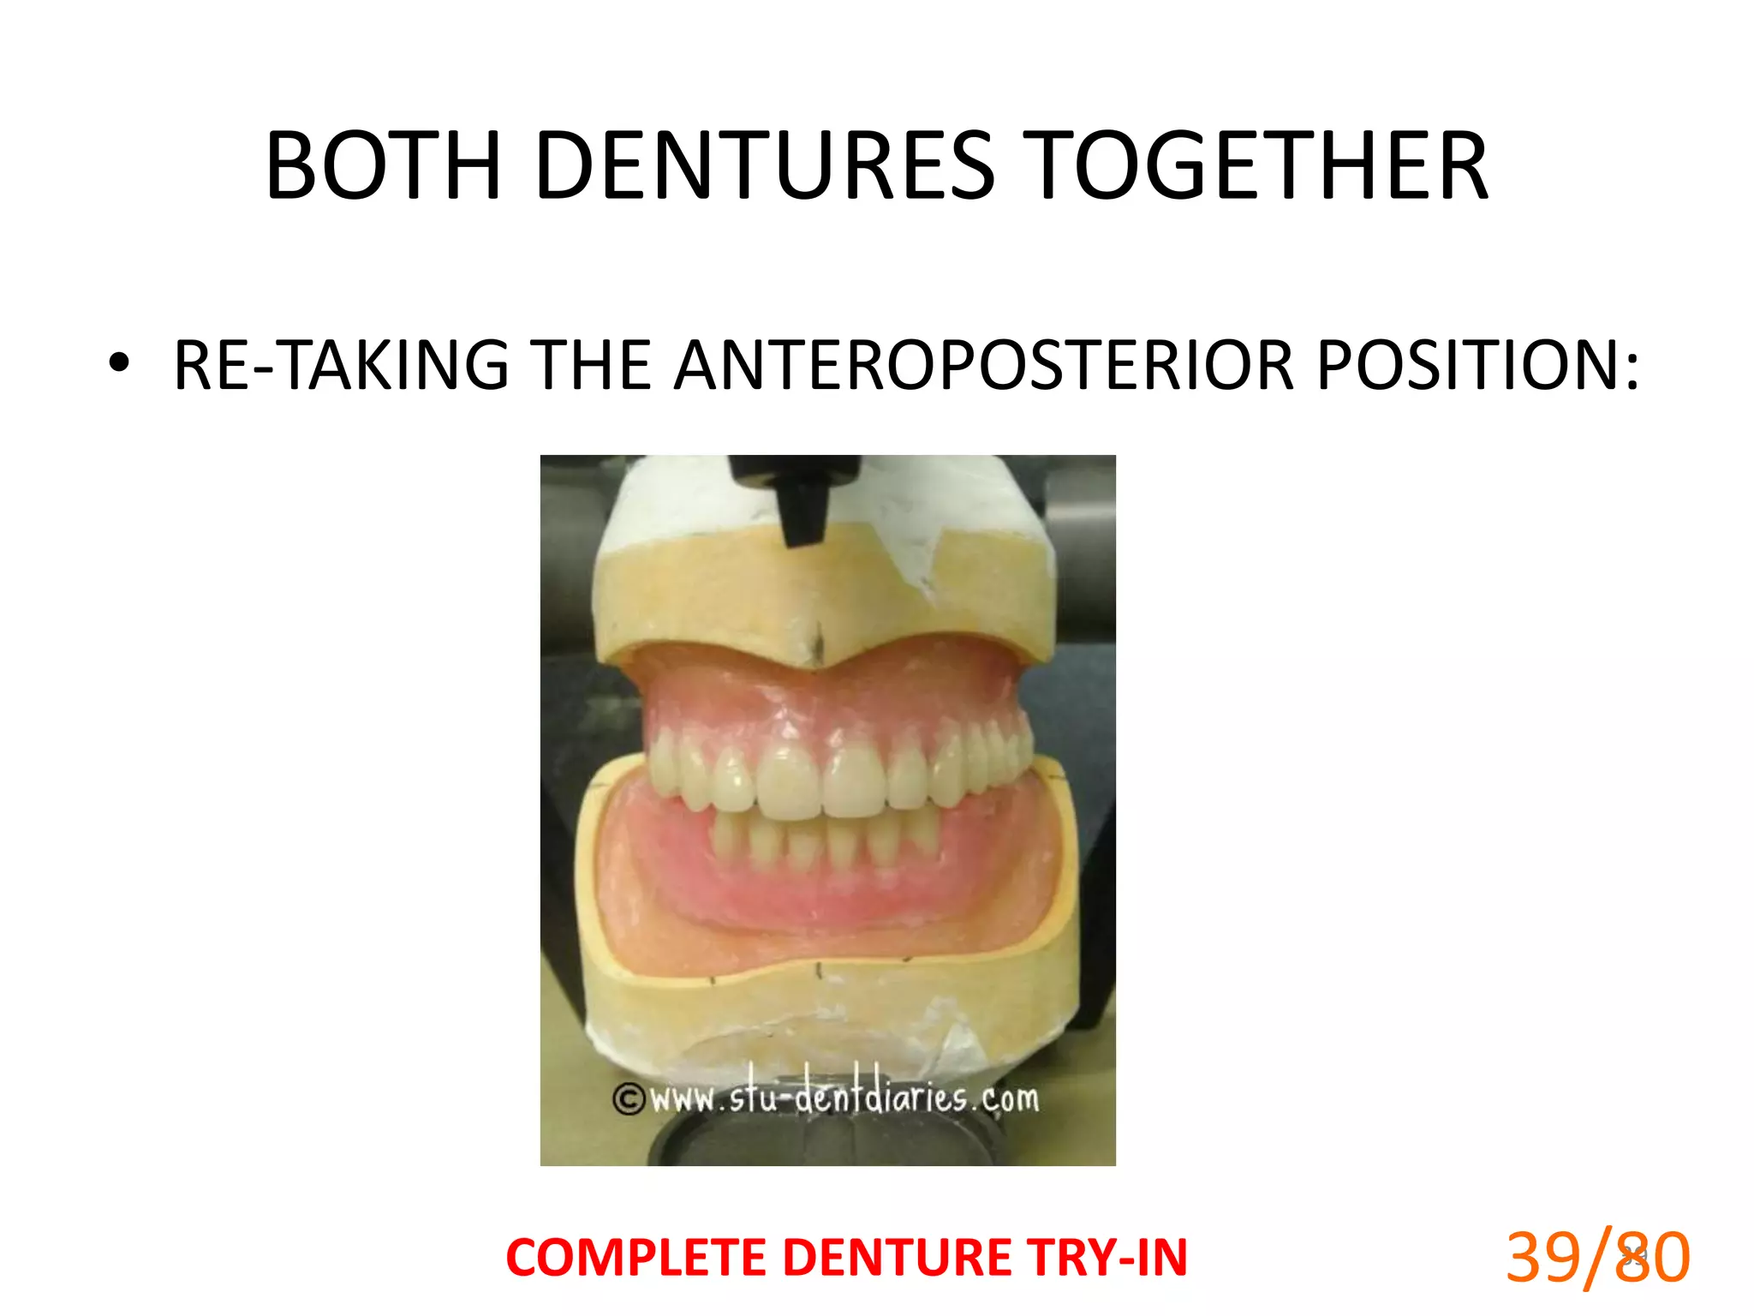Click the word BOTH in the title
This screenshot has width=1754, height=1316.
coord(383,166)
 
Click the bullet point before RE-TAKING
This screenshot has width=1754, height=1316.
coord(119,364)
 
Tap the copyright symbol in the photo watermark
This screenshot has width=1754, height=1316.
coord(629,1099)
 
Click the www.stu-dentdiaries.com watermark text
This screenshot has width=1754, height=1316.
coord(844,1098)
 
